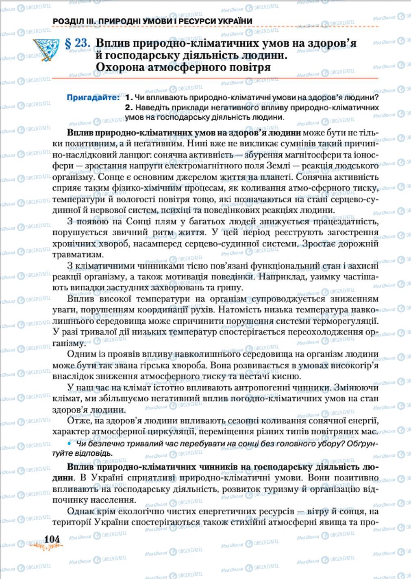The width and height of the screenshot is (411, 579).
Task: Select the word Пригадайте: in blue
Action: coord(93,98)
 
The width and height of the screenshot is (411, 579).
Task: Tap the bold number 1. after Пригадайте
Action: coord(129,98)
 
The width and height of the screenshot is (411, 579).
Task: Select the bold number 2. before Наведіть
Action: coord(129,108)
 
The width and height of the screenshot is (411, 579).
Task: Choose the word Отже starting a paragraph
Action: coord(78,421)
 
